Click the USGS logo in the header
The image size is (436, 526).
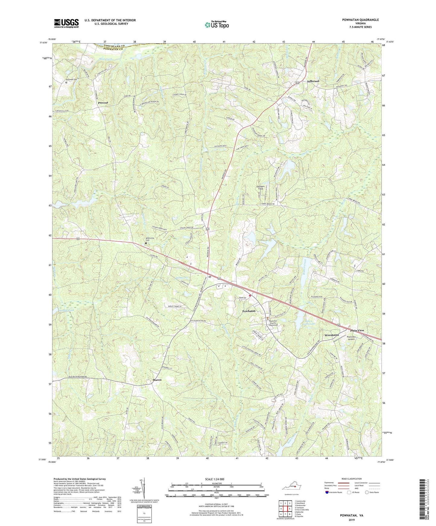66,23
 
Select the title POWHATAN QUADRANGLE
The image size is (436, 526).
360,20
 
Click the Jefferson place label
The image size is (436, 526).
313,81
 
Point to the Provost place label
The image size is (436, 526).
103,103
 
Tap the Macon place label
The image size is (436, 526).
157,380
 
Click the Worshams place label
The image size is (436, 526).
331,335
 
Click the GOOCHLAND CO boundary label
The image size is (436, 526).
109,45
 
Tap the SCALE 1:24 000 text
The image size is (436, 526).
216,479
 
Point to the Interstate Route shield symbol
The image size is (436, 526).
327,493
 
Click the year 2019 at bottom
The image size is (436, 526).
351,520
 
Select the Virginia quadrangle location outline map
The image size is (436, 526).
291,488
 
